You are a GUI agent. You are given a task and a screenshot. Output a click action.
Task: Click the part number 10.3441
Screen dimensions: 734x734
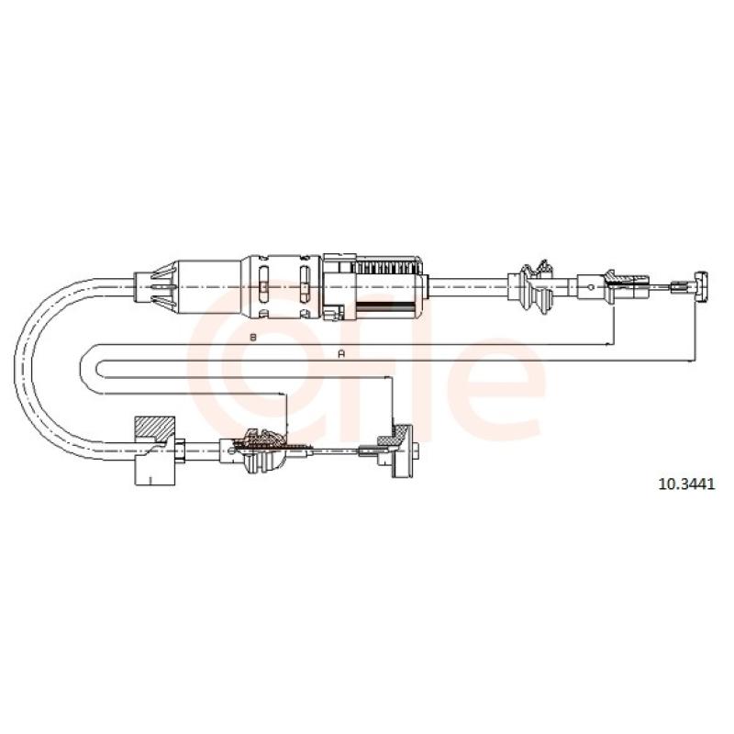tap(686, 484)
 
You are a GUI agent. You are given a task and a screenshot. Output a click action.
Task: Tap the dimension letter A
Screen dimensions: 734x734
tap(341, 354)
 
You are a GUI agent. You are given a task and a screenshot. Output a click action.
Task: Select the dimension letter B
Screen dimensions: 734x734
tap(253, 337)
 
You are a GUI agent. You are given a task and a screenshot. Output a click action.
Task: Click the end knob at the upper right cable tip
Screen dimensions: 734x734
tap(700, 286)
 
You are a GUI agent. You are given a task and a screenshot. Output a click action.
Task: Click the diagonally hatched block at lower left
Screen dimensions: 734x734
tap(153, 428)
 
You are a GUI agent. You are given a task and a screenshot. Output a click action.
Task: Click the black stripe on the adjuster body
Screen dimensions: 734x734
tap(385, 305)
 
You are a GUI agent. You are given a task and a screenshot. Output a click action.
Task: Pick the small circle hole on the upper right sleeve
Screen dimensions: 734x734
tap(591, 287)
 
